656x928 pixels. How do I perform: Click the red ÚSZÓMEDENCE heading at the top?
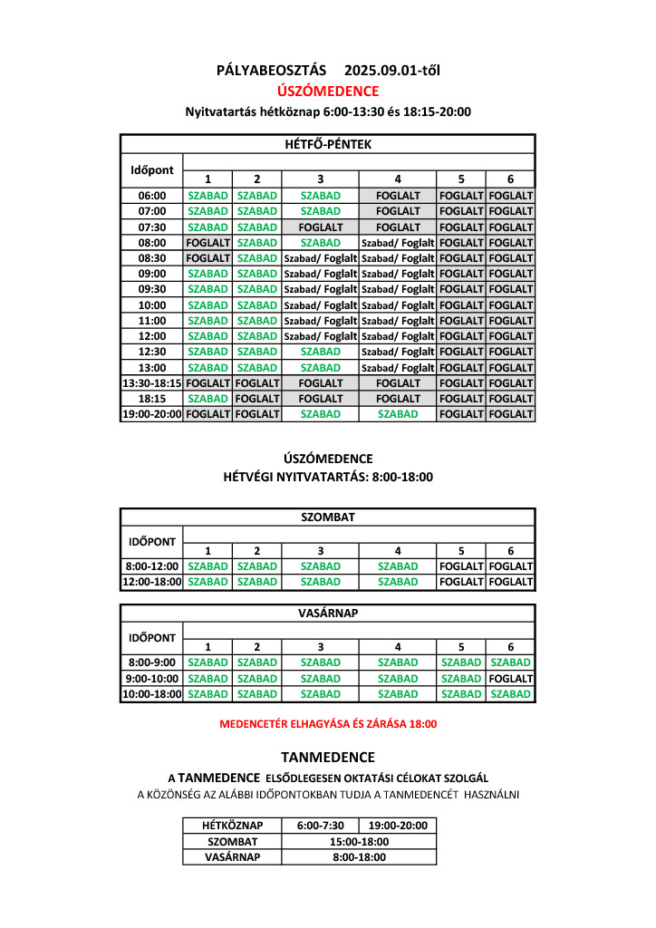click(x=328, y=91)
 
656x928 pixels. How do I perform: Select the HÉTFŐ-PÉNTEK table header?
click(x=328, y=144)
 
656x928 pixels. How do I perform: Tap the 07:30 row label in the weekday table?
click(x=152, y=227)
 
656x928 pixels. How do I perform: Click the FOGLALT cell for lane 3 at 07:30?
click(x=321, y=227)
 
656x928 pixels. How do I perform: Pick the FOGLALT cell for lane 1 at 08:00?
click(x=207, y=243)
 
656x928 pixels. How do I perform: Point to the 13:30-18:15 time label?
click(x=152, y=383)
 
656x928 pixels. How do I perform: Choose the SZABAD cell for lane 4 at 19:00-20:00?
click(x=398, y=414)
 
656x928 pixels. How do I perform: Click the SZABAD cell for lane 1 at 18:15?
click(x=207, y=399)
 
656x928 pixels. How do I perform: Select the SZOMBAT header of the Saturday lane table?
click(x=328, y=517)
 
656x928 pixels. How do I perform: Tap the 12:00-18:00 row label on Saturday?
click(x=152, y=582)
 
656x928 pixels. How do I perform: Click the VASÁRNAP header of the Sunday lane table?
click(x=328, y=614)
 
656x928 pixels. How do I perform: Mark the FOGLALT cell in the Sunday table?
click(x=511, y=679)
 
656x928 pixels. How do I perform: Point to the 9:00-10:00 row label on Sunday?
click(x=152, y=679)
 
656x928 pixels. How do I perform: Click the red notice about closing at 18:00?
click(x=328, y=724)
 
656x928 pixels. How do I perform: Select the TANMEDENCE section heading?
click(x=328, y=758)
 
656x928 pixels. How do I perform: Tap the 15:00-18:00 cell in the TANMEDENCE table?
click(x=359, y=842)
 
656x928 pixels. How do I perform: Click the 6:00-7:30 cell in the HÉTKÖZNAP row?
click(x=320, y=826)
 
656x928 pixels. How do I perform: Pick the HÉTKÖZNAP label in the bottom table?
click(x=232, y=826)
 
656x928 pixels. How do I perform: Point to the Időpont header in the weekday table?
click(x=152, y=170)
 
